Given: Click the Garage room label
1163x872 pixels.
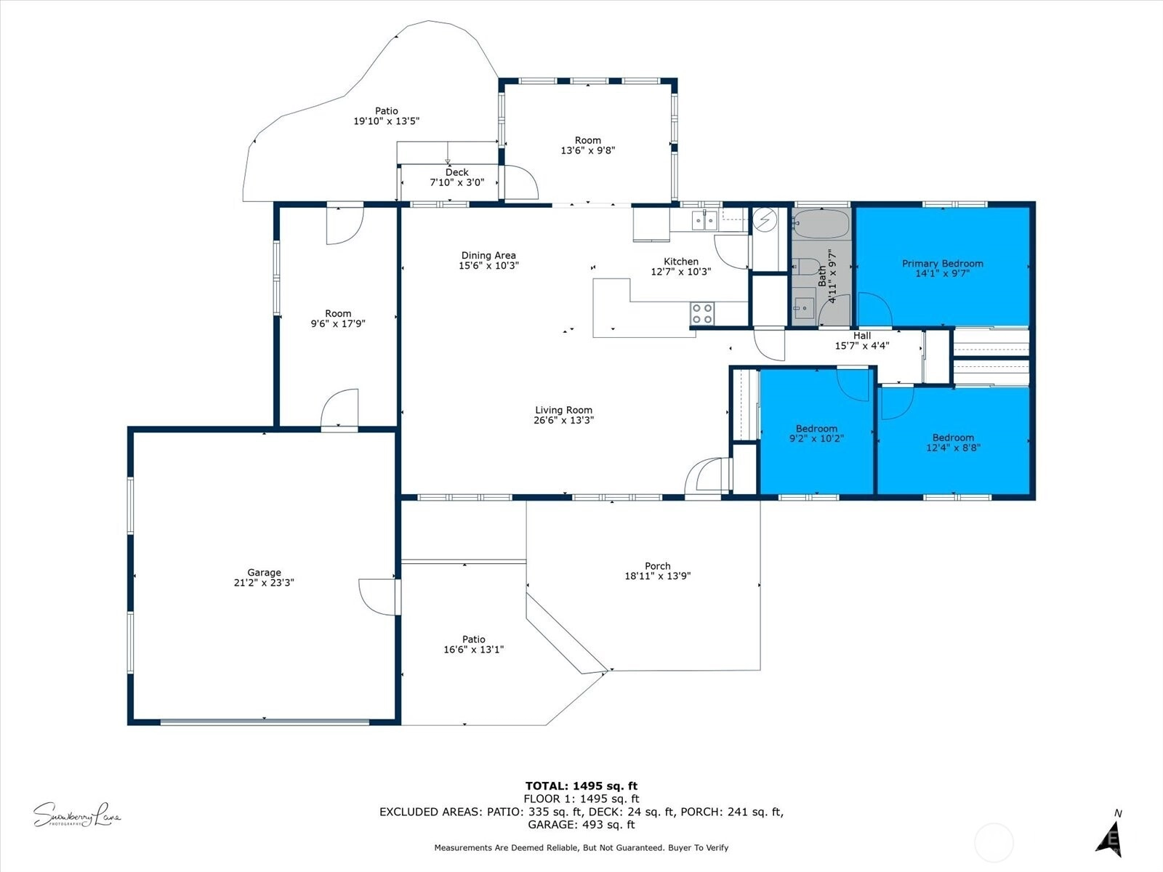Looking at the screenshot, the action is click(x=264, y=573).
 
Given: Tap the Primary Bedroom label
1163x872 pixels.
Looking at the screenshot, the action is click(x=943, y=264).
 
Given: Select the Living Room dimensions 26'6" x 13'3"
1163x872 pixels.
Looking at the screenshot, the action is click(x=564, y=420).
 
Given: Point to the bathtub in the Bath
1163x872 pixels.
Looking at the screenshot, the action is click(x=821, y=224).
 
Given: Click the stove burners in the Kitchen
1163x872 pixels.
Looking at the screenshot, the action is click(x=702, y=313).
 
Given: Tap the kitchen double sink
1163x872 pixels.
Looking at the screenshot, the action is click(x=704, y=220).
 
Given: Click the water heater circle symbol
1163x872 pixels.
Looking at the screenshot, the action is click(x=765, y=219).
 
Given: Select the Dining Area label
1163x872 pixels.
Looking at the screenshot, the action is click(x=488, y=256).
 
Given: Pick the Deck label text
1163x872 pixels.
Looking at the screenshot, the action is click(x=456, y=173).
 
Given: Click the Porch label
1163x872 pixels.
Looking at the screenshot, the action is click(x=658, y=566).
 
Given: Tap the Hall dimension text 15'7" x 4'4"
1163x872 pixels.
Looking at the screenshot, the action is click(x=862, y=346).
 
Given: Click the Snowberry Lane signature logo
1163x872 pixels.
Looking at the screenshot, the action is click(x=77, y=815).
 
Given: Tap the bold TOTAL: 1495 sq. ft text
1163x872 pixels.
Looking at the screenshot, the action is click(x=581, y=786).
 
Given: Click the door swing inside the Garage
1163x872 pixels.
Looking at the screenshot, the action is click(x=377, y=597).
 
